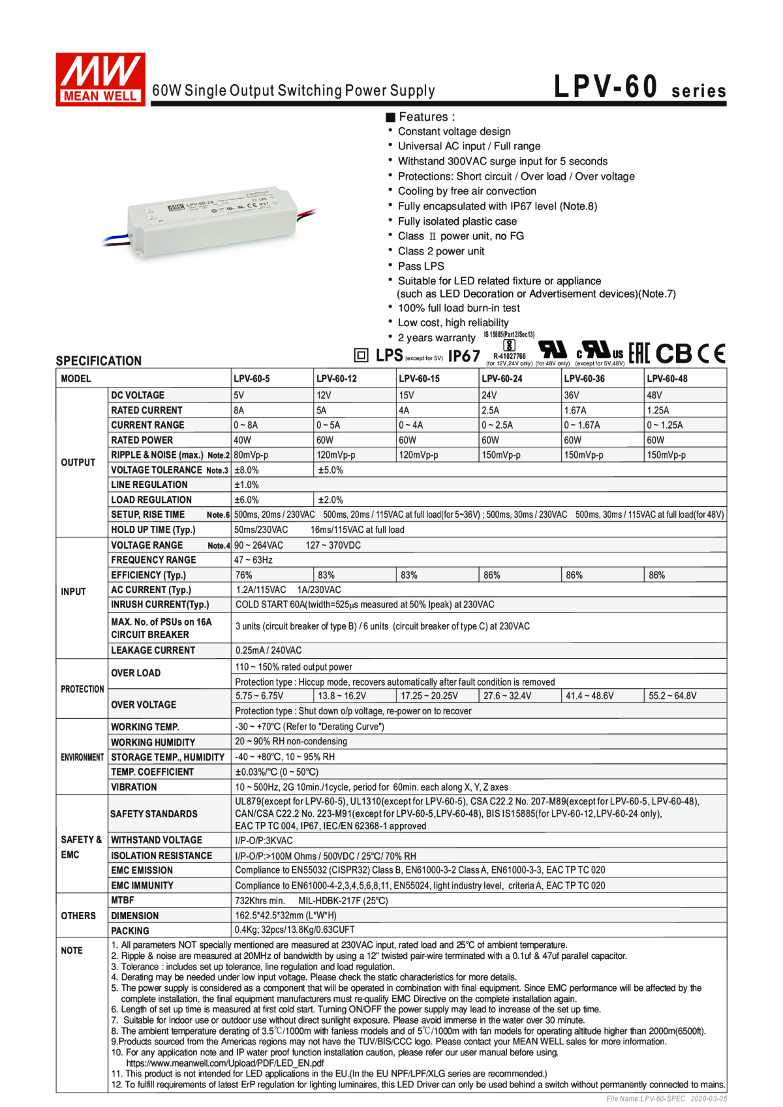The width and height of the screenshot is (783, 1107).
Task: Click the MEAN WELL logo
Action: pos(100,79)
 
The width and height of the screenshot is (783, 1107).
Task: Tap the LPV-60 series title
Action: pos(639,87)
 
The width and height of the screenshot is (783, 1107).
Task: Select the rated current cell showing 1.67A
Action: pos(575,410)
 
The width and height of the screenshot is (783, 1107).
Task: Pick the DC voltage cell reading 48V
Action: pos(654,395)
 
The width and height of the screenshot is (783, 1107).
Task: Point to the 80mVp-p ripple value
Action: pos(251,455)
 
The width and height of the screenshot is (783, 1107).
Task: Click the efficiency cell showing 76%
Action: pos(244,575)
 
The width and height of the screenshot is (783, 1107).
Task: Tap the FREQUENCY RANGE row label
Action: pos(153,560)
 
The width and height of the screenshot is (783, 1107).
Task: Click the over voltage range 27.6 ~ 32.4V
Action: pos(507,696)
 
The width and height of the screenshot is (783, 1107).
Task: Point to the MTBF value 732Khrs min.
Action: pos(260,901)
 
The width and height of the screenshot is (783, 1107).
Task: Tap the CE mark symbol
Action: pos(711,354)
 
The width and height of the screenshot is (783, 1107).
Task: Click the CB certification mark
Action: pos(673,354)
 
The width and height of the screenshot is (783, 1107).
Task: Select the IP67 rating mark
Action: pos(464,356)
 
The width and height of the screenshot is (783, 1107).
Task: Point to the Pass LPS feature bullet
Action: pos(421,266)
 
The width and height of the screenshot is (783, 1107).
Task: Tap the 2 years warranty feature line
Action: pos(437,338)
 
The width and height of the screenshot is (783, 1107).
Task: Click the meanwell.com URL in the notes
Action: pos(224,1063)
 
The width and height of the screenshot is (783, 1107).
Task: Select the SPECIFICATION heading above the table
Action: pos(99,361)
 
